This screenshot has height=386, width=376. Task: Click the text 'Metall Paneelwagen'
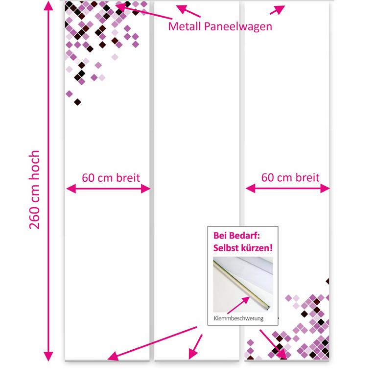pos(220,26)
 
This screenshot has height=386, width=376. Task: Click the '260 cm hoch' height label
pos(34,190)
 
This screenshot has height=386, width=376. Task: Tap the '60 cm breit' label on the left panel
pos(111,177)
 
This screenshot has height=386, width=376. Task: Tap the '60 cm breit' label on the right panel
pos(290,177)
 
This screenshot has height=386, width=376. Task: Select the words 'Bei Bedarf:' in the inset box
pos(236,236)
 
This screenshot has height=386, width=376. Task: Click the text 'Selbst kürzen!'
pos(243,248)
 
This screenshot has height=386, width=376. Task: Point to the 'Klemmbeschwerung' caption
pos(238,318)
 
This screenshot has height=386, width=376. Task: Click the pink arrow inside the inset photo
pos(238,305)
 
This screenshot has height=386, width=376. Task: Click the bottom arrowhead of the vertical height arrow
pos(48,357)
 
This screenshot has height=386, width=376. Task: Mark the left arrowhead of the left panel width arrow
pos(71,189)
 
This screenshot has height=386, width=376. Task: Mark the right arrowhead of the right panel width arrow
pos(325,189)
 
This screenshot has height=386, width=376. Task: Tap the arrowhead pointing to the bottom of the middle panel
pos(193,354)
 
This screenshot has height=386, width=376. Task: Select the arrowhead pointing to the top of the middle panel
pos(181,9)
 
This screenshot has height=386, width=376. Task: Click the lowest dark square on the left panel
pos(77,102)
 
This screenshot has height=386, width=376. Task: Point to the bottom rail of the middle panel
pos(197,361)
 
